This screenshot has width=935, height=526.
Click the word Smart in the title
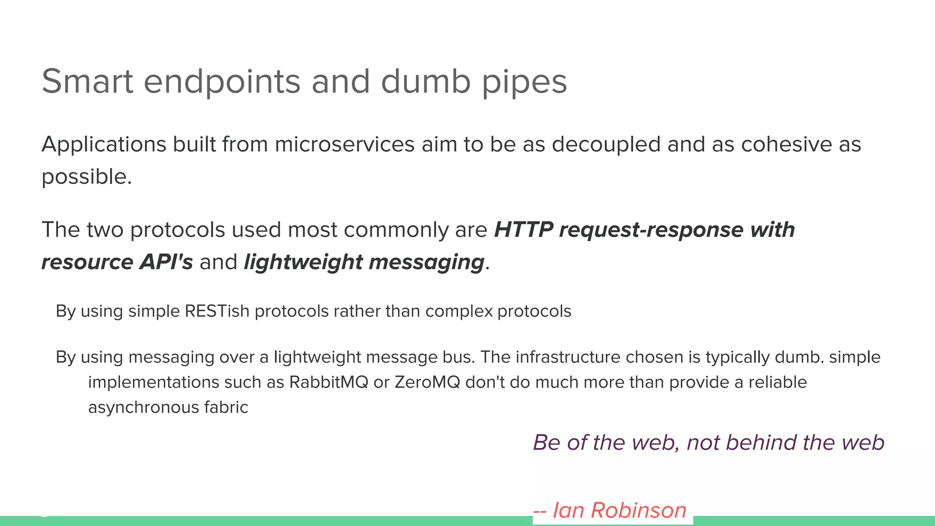point(87,81)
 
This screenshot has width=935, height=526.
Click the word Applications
point(104,145)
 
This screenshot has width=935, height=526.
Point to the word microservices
point(345,144)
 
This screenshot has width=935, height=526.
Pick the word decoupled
point(606,145)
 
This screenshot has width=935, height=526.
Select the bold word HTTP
point(523,229)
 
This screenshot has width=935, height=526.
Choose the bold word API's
point(166,262)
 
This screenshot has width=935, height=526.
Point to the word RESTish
point(217,311)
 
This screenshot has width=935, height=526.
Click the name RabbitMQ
point(328,382)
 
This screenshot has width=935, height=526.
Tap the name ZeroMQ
point(427,382)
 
